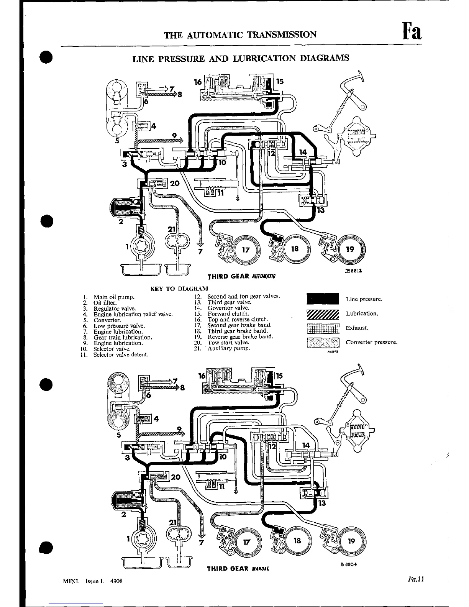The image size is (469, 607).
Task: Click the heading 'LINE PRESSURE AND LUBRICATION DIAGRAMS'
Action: pyautogui.click(x=241, y=58)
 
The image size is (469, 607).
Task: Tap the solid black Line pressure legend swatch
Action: pyautogui.click(x=323, y=299)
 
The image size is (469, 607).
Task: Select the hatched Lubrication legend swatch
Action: pyautogui.click(x=323, y=314)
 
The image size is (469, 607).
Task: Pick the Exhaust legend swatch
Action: pyautogui.click(x=323, y=328)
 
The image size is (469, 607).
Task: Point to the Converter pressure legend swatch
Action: pyautogui.click(x=323, y=343)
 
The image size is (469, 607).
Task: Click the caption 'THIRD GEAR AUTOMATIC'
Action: pyautogui.click(x=241, y=276)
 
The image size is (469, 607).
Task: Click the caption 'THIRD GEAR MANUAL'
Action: pyautogui.click(x=238, y=569)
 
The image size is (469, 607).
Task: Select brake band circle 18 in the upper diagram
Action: pyautogui.click(x=294, y=249)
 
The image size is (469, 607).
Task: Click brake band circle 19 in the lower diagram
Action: pyautogui.click(x=352, y=541)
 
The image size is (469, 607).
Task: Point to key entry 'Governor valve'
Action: pyautogui.click(x=228, y=308)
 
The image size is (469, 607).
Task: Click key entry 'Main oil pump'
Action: pyautogui.click(x=114, y=297)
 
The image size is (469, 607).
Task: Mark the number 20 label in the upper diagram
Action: pyautogui.click(x=175, y=184)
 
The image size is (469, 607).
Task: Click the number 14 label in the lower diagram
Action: pyautogui.click(x=306, y=445)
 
